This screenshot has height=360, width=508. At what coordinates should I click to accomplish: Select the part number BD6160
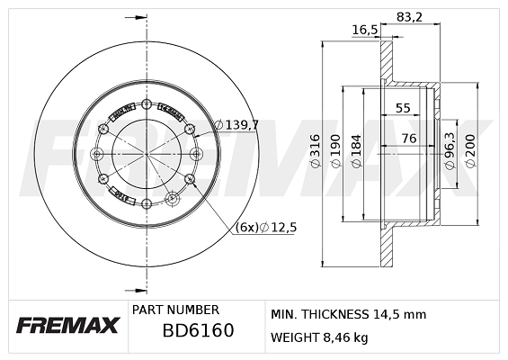click(x=198, y=330)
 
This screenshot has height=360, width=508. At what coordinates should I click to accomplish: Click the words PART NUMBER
click(x=175, y=309)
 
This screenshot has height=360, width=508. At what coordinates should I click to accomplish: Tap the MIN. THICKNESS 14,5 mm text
click(x=348, y=314)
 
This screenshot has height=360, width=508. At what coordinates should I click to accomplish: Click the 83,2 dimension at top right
click(x=410, y=14)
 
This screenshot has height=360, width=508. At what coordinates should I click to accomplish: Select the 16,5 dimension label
click(x=363, y=30)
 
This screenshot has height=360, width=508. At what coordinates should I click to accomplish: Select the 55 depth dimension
click(x=403, y=109)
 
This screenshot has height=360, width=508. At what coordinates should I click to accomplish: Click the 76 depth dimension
click(x=408, y=138)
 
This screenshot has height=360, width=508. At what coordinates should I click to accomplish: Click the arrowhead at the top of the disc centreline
click(x=140, y=17)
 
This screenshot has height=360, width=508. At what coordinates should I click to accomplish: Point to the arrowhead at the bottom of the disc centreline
click(x=140, y=290)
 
